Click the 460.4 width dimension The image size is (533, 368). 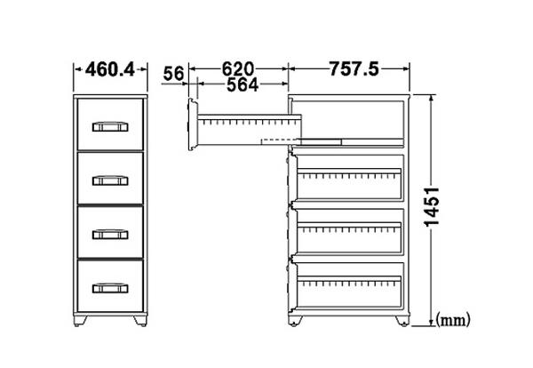tap(110, 69)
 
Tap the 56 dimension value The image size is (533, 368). tap(173, 74)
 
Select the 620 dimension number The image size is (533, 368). tap(238, 69)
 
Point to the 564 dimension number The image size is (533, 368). tap(243, 84)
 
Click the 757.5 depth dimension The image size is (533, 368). tap(354, 69)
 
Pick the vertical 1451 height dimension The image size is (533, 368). tap(432, 206)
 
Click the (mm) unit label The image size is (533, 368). tap(453, 320)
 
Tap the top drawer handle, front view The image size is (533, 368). tap(110, 126)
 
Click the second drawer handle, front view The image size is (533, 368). tap(110, 180)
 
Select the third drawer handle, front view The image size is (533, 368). tap(110, 235)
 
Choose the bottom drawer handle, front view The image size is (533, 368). tap(110, 288)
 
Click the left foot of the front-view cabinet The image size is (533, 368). tap(80, 321)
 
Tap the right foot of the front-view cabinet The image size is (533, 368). tap(140, 321)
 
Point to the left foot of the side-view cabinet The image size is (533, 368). tap(295, 321)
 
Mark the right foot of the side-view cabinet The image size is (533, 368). tap(402, 321)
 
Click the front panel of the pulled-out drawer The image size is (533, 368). tap(193, 124)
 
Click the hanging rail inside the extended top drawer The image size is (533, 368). tap(249, 118)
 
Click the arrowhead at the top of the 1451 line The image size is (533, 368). tap(432, 98)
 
